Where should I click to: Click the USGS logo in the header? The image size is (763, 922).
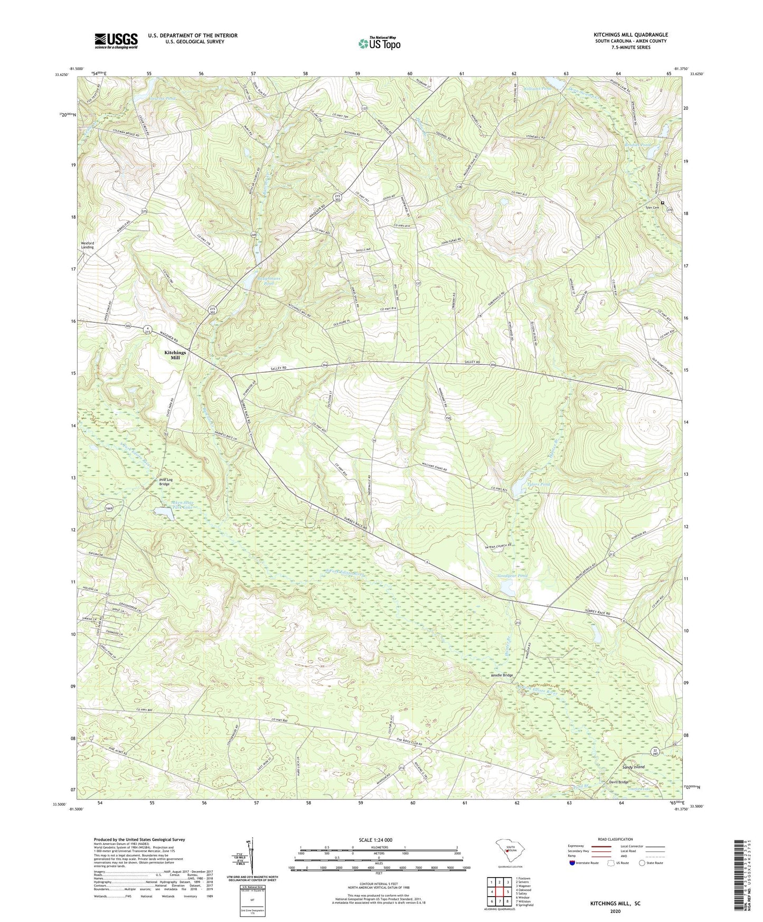[x=116, y=41]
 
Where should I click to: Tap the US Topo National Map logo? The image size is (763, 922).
[x=378, y=43]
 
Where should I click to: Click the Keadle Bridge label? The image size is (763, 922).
[x=502, y=675]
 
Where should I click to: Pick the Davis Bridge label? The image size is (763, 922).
[x=618, y=782]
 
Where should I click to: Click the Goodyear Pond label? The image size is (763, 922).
[x=513, y=576]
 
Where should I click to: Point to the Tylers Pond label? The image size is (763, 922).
[x=538, y=484]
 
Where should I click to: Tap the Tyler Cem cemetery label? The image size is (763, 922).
[x=653, y=208]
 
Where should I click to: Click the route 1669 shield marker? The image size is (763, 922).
[x=109, y=509]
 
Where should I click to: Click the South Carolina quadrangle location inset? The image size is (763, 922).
[x=510, y=850]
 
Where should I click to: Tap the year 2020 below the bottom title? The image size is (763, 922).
[x=615, y=911]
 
